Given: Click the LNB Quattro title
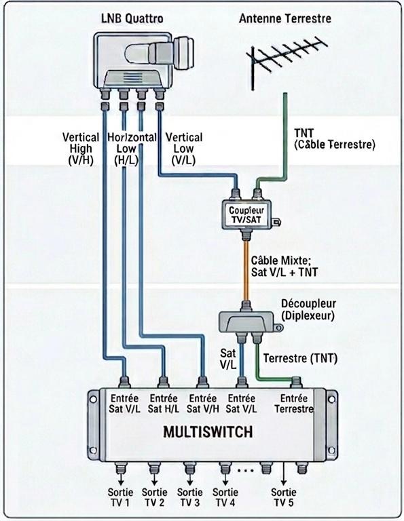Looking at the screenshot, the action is (132, 18).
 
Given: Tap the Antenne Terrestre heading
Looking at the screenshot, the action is (285, 18).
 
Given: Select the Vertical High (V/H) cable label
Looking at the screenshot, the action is (81, 149).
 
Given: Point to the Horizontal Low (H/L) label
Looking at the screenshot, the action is (132, 149).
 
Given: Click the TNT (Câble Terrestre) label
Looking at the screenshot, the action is (335, 139).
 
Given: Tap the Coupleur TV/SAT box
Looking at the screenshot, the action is (246, 214).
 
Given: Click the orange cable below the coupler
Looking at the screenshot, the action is (246, 270).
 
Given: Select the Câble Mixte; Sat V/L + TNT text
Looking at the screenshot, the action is (284, 266).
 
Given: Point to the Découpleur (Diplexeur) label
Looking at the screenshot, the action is (308, 309).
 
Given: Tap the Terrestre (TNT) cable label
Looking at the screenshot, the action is (300, 358).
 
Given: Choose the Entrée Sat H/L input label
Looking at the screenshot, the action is (163, 404).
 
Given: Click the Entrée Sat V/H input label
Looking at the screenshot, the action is (202, 404).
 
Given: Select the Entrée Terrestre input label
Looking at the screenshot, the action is (294, 404).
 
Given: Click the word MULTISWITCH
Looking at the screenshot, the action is (208, 432).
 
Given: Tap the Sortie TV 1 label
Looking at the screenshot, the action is (120, 497).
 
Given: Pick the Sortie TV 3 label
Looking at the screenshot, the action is (190, 497).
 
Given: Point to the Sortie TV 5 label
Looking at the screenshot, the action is (284, 497).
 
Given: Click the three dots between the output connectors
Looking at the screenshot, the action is (246, 470).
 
